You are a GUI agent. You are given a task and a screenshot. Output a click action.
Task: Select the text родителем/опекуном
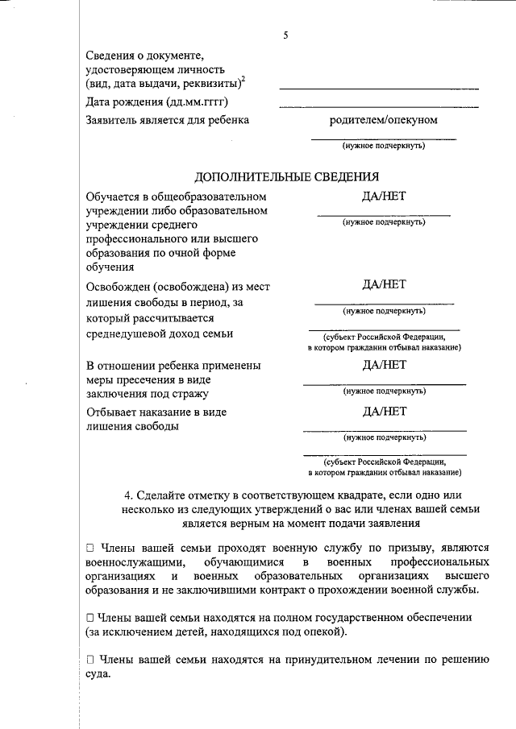click(384, 120)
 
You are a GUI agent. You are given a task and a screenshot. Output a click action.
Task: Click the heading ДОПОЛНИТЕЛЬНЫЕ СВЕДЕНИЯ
click(287, 177)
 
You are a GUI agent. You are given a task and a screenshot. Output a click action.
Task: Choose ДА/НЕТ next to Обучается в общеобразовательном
click(385, 197)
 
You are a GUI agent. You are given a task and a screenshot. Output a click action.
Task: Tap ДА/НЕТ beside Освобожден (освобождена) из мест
click(385, 284)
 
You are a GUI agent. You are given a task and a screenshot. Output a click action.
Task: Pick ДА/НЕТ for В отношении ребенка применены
click(385, 364)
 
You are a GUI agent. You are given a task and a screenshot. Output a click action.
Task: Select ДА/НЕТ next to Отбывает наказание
click(385, 411)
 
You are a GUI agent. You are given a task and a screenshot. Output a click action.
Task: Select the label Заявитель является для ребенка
click(167, 120)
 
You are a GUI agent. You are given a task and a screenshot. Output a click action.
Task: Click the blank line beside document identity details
click(379, 87)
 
